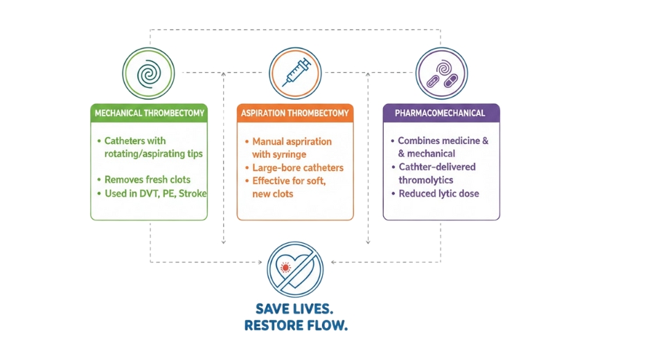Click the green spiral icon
coord(148,73)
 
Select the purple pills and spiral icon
coord(441,73)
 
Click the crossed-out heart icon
coord(294,270)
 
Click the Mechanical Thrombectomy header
coord(149,113)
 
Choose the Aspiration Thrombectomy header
coord(295,113)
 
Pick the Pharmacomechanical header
coord(441,113)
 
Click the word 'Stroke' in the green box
coord(192,194)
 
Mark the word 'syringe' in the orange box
coord(290,154)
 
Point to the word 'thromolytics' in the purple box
coord(425,180)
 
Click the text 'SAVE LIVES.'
coord(294,309)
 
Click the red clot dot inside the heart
coord(285,268)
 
